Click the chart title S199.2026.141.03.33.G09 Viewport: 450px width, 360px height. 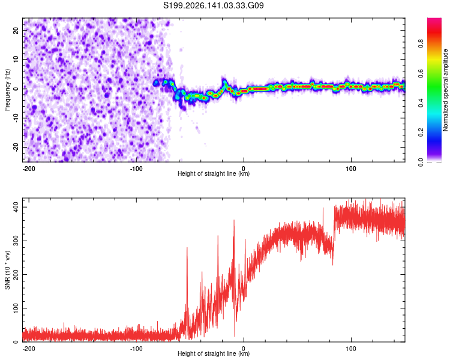pyautogui.click(x=213, y=5)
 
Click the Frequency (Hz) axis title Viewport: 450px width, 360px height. pyautogui.click(x=7, y=90)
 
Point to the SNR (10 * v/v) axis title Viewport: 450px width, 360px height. pyautogui.click(x=7, y=270)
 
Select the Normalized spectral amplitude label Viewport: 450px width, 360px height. pyautogui.click(x=445, y=90)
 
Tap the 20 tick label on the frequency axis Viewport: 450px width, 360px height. pyautogui.click(x=16, y=31)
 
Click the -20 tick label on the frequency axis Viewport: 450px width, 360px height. pyautogui.click(x=16, y=148)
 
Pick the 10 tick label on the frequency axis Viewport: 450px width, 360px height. pyautogui.click(x=16, y=60)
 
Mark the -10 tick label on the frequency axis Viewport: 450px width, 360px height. pyautogui.click(x=16, y=118)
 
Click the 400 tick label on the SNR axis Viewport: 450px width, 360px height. pyautogui.click(x=16, y=207)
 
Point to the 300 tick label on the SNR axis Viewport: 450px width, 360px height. pyautogui.click(x=16, y=241)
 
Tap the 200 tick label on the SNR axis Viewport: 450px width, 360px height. pyautogui.click(x=16, y=274)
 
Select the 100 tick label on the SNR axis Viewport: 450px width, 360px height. pyautogui.click(x=16, y=308)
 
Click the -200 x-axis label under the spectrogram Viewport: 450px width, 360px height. pyautogui.click(x=29, y=169)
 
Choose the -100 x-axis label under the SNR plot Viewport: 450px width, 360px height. pyautogui.click(x=136, y=349)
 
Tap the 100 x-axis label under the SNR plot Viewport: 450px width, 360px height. pyautogui.click(x=351, y=349)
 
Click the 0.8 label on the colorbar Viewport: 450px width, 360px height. pyautogui.click(x=421, y=44)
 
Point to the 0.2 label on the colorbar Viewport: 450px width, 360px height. pyautogui.click(x=421, y=133)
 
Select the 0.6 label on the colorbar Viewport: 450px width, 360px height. pyautogui.click(x=421, y=73)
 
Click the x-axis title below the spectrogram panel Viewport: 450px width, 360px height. pyautogui.click(x=214, y=173)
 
